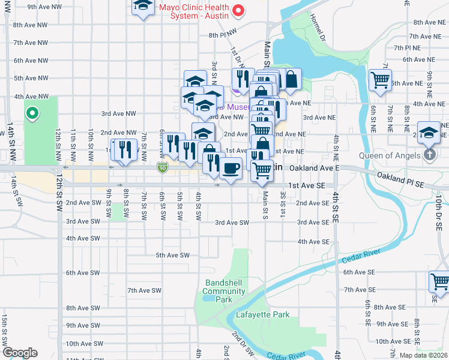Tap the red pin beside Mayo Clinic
(x=238, y=10)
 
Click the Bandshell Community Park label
(x=224, y=291)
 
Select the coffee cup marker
(x=230, y=169)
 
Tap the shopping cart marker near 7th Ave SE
(x=439, y=281)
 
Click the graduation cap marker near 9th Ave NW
(x=142, y=6)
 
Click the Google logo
(x=19, y=353)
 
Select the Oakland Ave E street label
(x=314, y=169)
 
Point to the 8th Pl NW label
(x=223, y=35)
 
